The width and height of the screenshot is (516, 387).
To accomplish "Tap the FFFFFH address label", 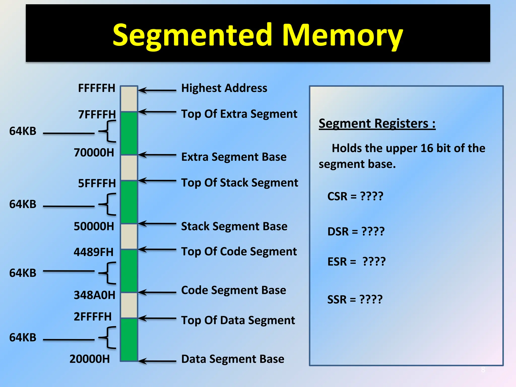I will (96, 88).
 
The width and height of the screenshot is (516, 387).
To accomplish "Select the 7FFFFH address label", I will (97, 114).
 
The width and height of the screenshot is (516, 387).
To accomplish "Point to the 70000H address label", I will (94, 153).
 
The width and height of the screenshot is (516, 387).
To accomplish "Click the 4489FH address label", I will (93, 252).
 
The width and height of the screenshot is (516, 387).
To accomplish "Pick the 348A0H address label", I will (94, 295).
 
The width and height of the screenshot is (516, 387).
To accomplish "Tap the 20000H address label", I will (90, 359).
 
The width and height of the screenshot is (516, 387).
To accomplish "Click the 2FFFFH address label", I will (93, 317).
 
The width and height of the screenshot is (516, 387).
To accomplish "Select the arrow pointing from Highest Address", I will (157, 90).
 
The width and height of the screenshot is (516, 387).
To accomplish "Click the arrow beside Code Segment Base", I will (157, 292).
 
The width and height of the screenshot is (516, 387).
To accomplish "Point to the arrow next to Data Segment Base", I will (157, 361).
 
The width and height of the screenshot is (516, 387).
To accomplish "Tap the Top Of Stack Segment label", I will (240, 183).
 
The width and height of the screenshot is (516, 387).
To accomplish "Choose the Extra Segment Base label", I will (234, 157).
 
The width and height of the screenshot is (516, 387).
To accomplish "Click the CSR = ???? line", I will (355, 196).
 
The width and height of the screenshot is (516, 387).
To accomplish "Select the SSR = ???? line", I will (355, 299).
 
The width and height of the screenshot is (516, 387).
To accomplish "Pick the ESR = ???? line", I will (356, 262).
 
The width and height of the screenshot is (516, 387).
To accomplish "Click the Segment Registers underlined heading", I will (377, 123).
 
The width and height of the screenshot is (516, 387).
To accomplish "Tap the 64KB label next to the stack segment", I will (23, 204).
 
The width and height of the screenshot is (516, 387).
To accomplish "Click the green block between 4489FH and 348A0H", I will (129, 271).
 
